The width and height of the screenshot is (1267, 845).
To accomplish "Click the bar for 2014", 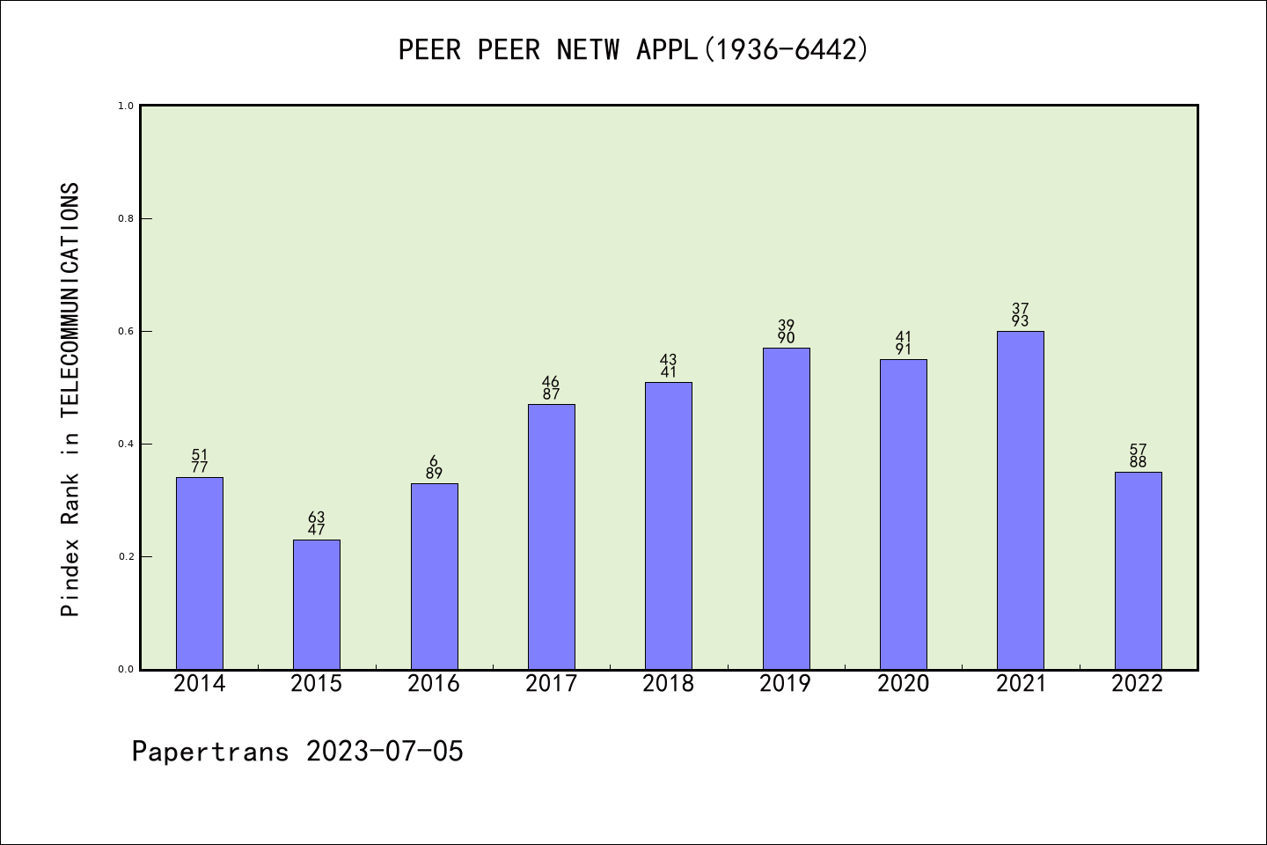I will (x=200, y=573).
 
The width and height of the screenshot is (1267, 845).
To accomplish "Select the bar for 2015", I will (x=317, y=605).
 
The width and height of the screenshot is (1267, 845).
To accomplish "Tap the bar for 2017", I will (x=551, y=537).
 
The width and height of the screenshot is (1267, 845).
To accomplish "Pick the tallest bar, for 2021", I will (x=1020, y=500).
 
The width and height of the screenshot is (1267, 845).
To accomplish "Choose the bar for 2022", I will (x=1138, y=570).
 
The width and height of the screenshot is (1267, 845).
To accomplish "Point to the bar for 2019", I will (x=786, y=509).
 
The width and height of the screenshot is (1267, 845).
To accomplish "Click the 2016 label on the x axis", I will (x=434, y=684).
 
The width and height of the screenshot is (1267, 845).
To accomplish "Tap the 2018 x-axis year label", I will (x=669, y=684).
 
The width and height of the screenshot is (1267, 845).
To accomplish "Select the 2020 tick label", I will (x=903, y=684).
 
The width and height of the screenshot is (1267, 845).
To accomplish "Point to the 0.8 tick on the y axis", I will (x=126, y=218).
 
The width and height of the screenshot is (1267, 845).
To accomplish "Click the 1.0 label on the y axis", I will (x=126, y=106).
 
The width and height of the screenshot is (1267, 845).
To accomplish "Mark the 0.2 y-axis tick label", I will (x=126, y=556).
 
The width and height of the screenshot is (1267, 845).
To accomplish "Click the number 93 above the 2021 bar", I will (x=1020, y=321).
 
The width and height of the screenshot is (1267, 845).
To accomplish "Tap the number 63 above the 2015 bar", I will (x=317, y=518).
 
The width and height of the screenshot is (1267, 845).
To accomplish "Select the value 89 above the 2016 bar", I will (x=434, y=474).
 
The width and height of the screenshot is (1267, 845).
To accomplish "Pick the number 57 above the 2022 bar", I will (x=1138, y=450).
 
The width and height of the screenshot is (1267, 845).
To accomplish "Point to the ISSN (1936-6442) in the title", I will (x=785, y=50).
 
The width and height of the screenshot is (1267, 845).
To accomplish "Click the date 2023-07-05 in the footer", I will (x=384, y=752).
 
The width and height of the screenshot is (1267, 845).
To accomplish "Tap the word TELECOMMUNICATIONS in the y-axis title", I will (x=70, y=299).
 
